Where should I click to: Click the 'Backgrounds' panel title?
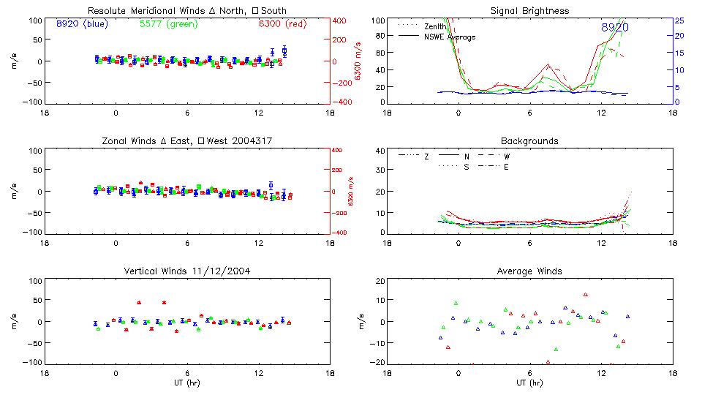tap(529, 140)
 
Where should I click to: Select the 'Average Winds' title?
tap(529, 271)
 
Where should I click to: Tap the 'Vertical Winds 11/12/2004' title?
tap(187, 271)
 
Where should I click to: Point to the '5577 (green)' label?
tap(169, 24)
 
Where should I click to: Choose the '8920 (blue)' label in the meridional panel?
tap(82, 24)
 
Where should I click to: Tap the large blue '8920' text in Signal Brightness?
tap(615, 28)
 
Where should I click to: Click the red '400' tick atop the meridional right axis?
tap(339, 20)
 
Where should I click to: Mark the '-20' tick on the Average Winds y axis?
tap(378, 362)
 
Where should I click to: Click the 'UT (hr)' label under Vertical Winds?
tap(187, 383)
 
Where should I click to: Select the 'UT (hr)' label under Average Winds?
tap(529, 383)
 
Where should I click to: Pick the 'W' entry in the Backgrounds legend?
tap(507, 157)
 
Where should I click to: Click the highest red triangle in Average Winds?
tap(586, 295)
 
